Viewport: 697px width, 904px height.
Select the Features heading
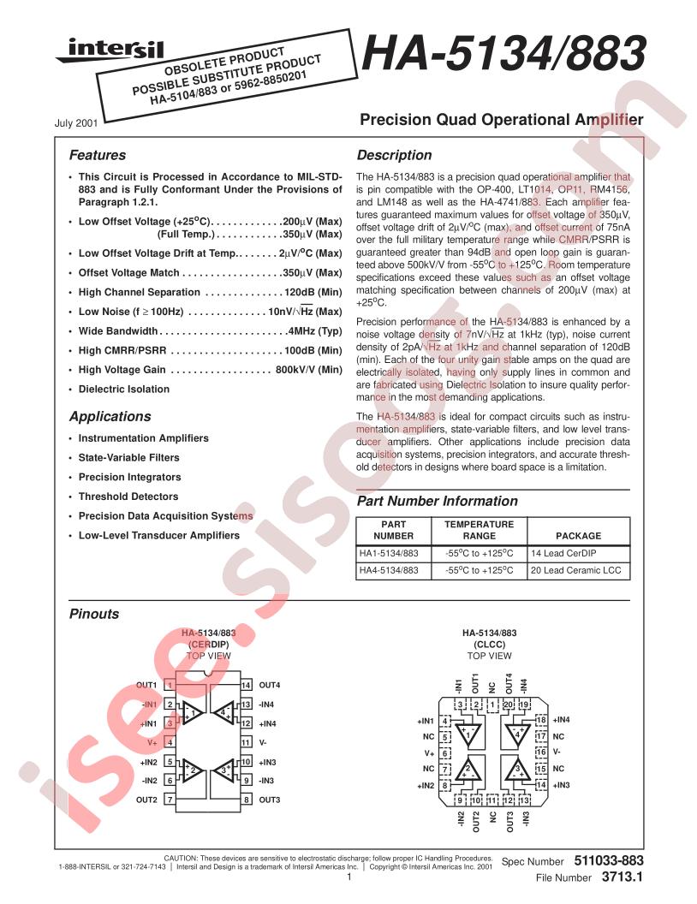click(97, 156)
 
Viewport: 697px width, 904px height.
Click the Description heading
click(394, 156)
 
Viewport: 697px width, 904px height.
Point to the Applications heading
click(110, 417)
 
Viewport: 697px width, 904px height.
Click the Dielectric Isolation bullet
click(124, 390)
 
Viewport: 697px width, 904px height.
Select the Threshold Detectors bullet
click(128, 497)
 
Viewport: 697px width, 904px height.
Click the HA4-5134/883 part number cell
click(389, 571)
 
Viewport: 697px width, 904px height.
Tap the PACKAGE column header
click(579, 536)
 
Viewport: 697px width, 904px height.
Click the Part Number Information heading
click(437, 502)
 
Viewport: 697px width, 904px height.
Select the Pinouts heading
click(94, 615)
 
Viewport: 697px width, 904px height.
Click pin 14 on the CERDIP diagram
click(246, 686)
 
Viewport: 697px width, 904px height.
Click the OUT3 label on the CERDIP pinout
click(270, 800)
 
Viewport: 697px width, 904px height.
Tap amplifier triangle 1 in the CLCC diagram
click(468, 734)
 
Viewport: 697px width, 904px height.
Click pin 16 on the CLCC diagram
click(541, 752)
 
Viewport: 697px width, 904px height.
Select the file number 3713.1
click(621, 877)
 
